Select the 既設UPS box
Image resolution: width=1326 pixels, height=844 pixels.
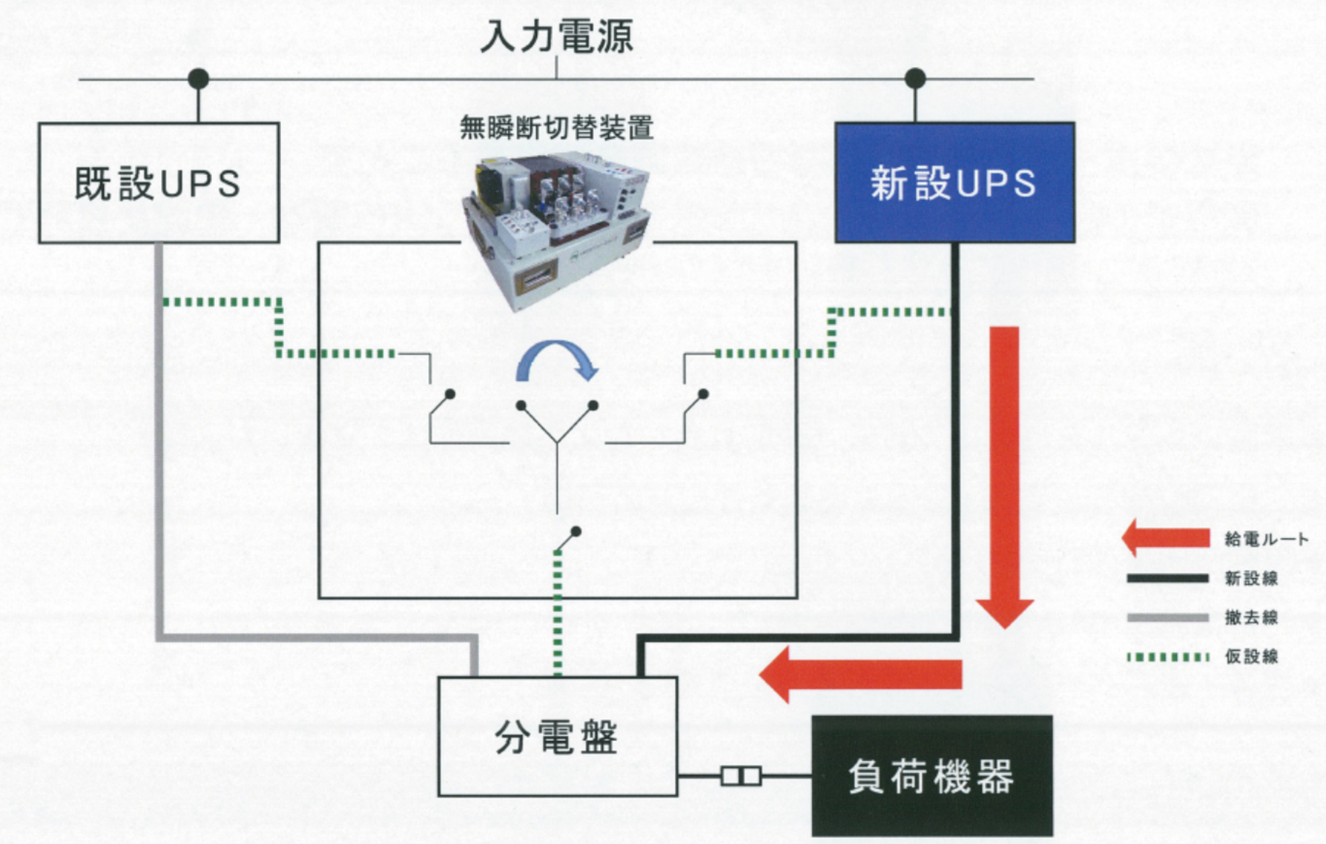pos(158,182)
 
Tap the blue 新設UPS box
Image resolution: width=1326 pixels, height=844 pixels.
pos(954,182)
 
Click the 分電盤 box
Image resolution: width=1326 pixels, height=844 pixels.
pos(557,737)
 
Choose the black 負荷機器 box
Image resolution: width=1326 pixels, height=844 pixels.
pos(931,776)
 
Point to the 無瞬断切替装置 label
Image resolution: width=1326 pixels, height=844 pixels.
pos(556,127)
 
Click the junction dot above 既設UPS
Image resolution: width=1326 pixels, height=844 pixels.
pos(198,78)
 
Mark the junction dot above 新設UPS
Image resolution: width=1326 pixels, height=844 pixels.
pos(915,78)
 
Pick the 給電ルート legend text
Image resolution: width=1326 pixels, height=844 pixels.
pos(1266,539)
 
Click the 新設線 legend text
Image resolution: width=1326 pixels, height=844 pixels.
pos(1251,578)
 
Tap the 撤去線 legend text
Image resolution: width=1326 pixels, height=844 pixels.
pos(1251,617)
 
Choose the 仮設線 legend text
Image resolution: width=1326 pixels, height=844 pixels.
pos(1251,656)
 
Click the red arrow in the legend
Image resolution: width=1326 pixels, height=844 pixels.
pos(1166,538)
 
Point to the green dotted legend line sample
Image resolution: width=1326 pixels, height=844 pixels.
pos(1168,657)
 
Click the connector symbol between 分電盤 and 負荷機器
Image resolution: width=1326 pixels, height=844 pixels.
pos(741,776)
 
